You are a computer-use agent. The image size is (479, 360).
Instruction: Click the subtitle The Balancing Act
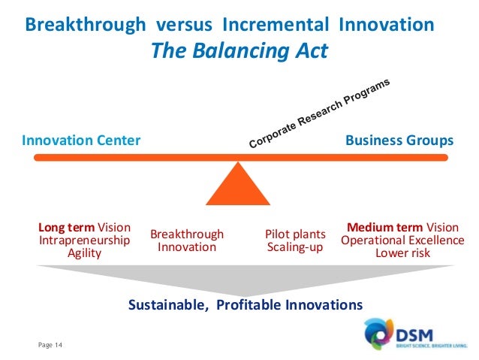pyautogui.click(x=239, y=51)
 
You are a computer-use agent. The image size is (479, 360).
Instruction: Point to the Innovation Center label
pyautogui.click(x=81, y=141)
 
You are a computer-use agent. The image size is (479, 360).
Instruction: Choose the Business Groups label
pyautogui.click(x=399, y=141)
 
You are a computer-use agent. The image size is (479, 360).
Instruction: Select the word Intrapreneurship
pyautogui.click(x=84, y=241)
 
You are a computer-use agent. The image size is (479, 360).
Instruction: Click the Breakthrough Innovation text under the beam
pyautogui.click(x=187, y=241)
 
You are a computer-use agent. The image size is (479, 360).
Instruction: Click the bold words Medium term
pyautogui.click(x=384, y=228)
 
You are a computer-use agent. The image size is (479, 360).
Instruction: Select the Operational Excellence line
pyautogui.click(x=402, y=241)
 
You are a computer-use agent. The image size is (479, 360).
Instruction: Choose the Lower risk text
pyautogui.click(x=402, y=253)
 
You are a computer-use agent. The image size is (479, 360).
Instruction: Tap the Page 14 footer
pyautogui.click(x=52, y=344)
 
